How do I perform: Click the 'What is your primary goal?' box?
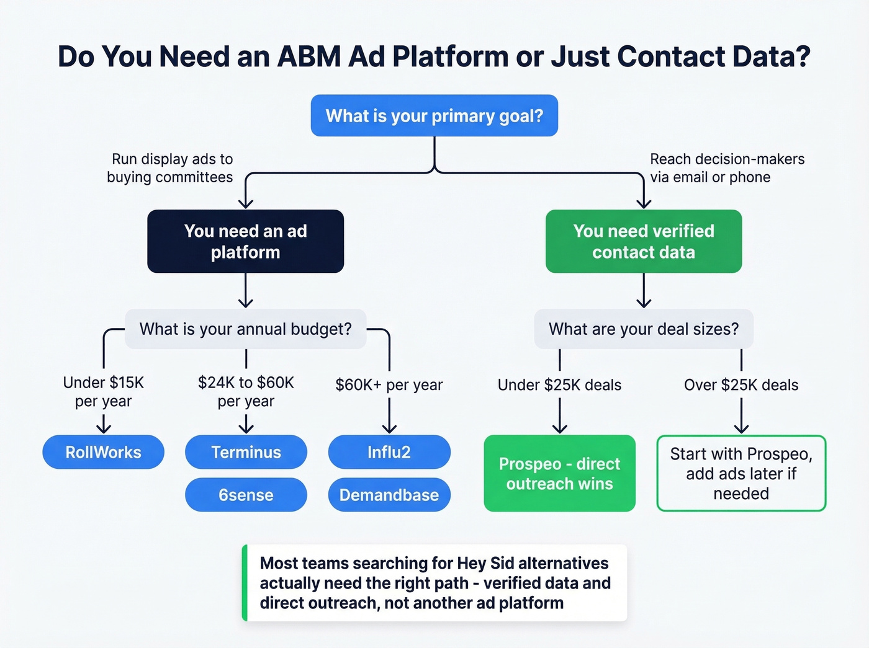pos(434,116)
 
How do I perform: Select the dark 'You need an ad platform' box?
pos(245,241)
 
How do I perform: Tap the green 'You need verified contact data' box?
pos(644,241)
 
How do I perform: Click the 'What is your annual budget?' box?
pos(245,329)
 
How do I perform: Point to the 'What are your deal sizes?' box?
pos(644,329)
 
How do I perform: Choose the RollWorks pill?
pos(103,452)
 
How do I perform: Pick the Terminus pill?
pos(246,452)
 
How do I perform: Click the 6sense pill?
pos(246,495)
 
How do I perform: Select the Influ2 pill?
pos(389,452)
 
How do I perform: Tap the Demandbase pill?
pos(389,495)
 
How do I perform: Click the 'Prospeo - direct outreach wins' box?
pos(559,474)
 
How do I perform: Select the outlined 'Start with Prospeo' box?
pos(741,474)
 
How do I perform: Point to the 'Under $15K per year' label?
pos(103,392)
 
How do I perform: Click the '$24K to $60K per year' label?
pos(246,392)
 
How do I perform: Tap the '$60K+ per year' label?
pos(389,385)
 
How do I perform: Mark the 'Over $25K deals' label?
pos(741,385)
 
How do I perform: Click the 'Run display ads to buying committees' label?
pos(170,168)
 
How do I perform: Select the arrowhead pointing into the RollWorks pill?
pos(104,428)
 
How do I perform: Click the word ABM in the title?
pos(308,57)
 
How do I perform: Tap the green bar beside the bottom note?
pos(245,583)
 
